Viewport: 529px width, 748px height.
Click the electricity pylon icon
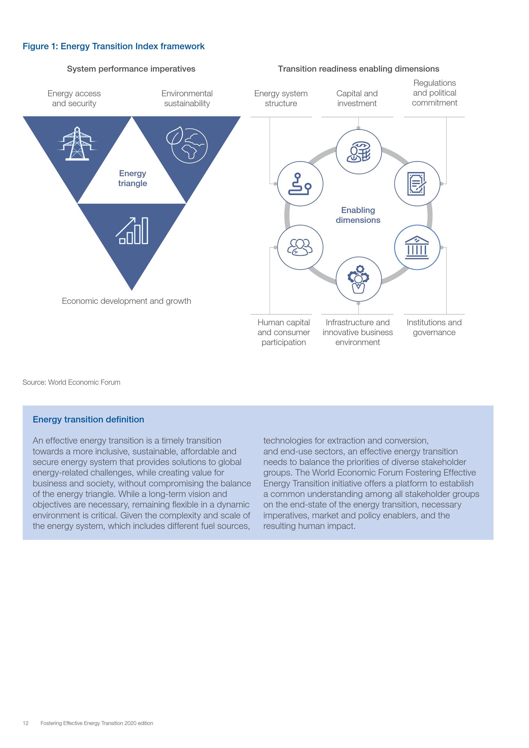pyautogui.click(x=77, y=144)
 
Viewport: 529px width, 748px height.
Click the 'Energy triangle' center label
pyautogui.click(x=133, y=178)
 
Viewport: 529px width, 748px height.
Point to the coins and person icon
pyautogui.click(x=358, y=152)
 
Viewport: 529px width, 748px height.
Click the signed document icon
pyautogui.click(x=417, y=184)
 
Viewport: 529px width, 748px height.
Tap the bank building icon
pyautogui.click(x=417, y=247)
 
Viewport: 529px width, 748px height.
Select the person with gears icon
pyautogui.click(x=358, y=279)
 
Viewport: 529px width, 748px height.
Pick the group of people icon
pyautogui.click(x=300, y=247)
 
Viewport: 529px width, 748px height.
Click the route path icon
pyautogui.click(x=300, y=184)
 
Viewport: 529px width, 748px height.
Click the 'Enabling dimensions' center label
pyautogui.click(x=358, y=215)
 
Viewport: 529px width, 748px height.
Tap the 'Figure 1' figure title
pyautogui.click(x=113, y=46)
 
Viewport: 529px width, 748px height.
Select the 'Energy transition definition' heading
pyautogui.click(x=88, y=419)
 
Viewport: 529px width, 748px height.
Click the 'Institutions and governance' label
pyautogui.click(x=434, y=327)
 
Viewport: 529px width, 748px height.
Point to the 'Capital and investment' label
pyautogui.click(x=357, y=98)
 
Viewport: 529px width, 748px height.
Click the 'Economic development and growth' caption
pyautogui.click(x=126, y=301)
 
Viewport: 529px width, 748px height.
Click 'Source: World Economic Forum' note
pyautogui.click(x=71, y=382)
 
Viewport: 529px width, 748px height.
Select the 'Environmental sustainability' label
pyautogui.click(x=187, y=98)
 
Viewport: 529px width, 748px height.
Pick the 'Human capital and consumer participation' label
pyautogui.click(x=283, y=332)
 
